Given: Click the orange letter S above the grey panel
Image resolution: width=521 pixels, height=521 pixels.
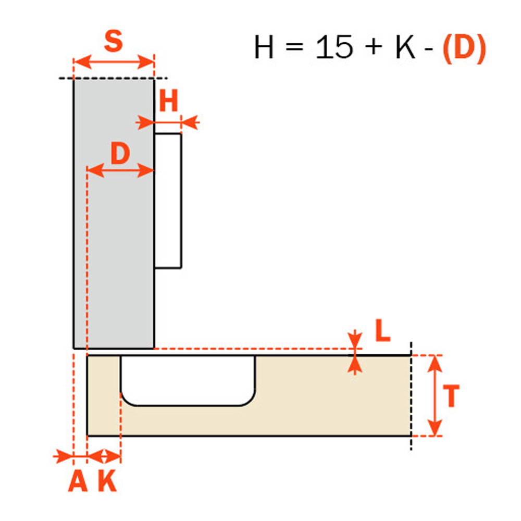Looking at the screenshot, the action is tap(113, 41).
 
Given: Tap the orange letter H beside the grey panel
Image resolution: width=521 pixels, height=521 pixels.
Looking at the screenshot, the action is tap(169, 101).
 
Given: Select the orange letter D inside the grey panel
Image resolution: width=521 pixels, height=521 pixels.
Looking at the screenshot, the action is tap(120, 153).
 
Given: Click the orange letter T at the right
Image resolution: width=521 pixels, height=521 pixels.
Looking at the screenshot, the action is tap(451, 396).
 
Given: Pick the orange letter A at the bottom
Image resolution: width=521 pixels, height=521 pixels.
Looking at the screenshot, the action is tap(78, 480).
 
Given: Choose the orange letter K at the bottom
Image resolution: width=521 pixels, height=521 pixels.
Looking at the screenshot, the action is tap(107, 480).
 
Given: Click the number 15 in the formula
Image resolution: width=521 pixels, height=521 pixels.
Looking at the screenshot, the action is tap(334, 47).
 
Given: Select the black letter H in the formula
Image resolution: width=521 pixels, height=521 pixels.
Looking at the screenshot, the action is tap(264, 47).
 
